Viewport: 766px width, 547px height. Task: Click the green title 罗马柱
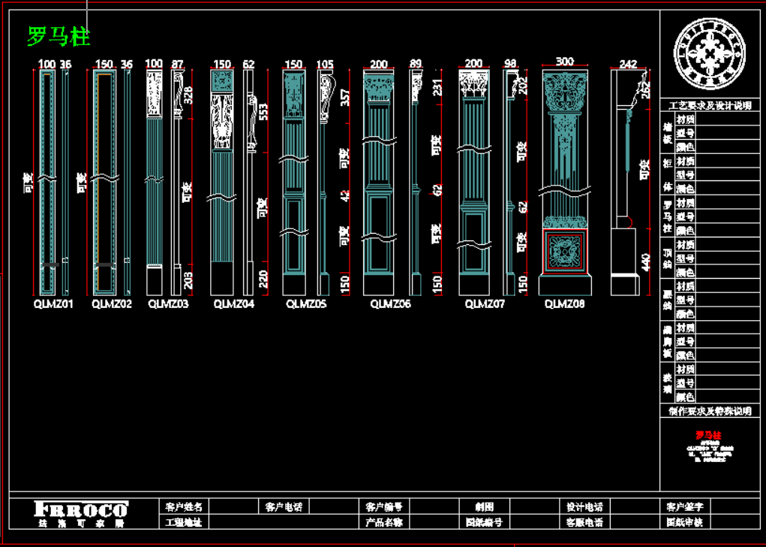pos(59,35)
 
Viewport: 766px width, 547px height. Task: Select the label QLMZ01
pos(53,304)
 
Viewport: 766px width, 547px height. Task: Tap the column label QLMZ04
pos(233,304)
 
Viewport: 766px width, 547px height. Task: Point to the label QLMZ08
pos(564,304)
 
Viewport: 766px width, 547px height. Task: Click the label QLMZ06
pos(391,304)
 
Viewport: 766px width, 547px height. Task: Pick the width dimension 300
pos(564,62)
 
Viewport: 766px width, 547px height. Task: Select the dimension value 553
pos(263,111)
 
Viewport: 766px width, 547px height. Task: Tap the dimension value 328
pos(188,95)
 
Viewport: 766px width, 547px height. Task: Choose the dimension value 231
pos(437,88)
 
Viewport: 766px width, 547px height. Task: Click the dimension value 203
pos(188,280)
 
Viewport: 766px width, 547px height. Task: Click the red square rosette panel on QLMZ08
pos(565,251)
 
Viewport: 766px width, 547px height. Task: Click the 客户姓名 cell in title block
pos(184,507)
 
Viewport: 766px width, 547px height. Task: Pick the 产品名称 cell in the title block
pos(384,521)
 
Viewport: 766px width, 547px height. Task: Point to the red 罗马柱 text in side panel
pos(708,435)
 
